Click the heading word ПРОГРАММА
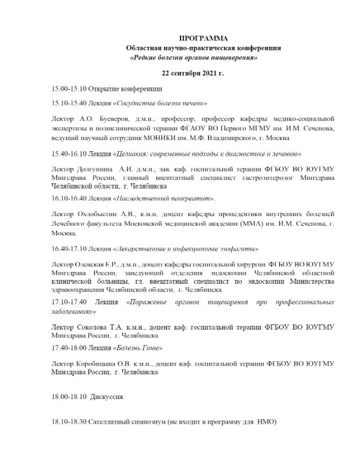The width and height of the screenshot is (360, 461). click(x=204, y=38)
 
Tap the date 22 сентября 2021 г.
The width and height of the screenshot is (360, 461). click(x=192, y=73)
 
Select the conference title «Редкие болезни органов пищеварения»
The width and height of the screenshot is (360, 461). click(x=194, y=58)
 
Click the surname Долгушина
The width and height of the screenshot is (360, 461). click(x=94, y=169)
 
